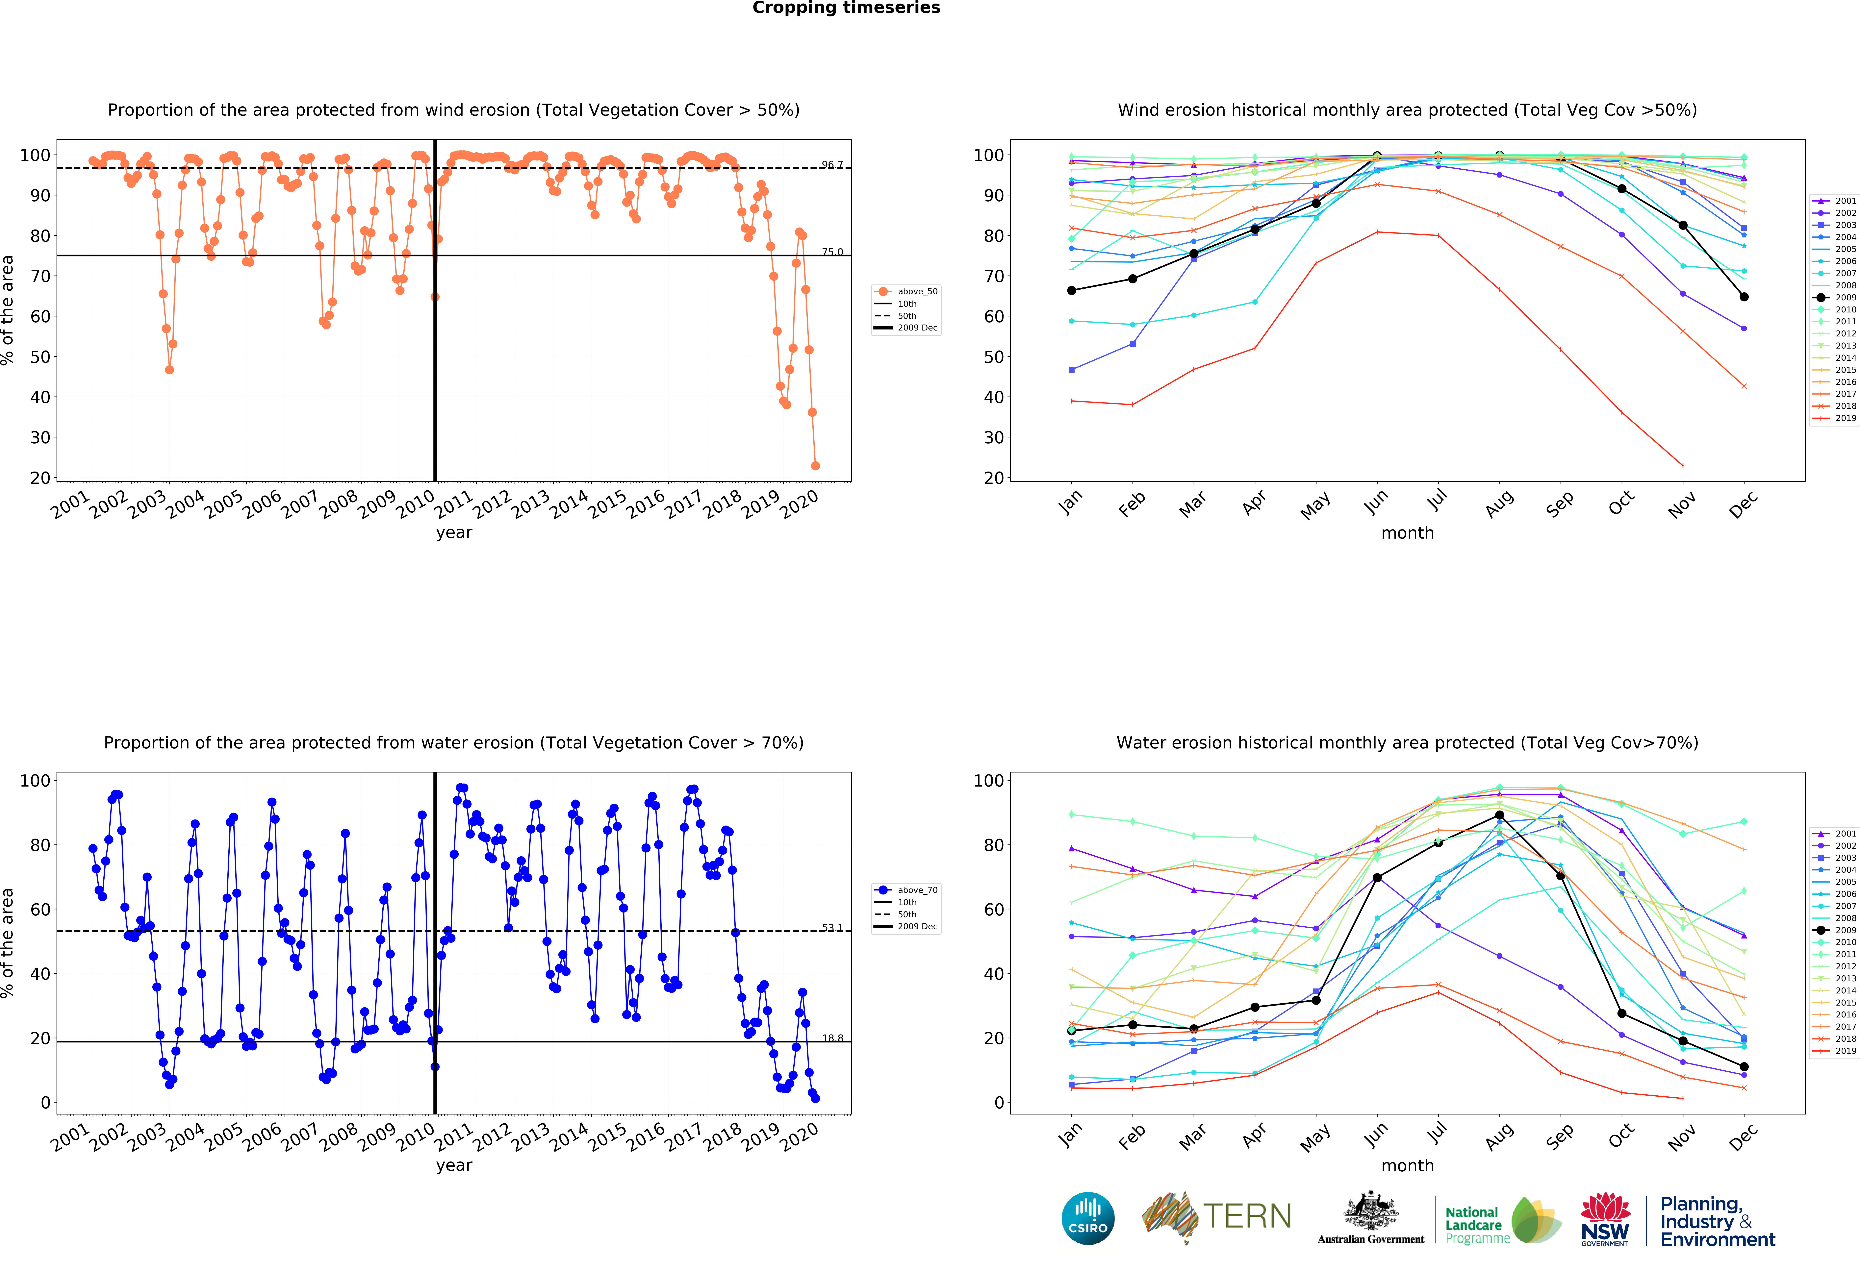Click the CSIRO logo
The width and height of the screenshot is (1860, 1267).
pos(1088,1218)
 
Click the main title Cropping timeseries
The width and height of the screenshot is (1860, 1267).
pos(846,8)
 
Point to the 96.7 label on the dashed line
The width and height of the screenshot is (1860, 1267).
pos(831,165)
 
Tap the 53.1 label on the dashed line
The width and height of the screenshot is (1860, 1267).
pos(831,928)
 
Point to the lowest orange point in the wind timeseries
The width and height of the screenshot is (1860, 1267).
pos(815,466)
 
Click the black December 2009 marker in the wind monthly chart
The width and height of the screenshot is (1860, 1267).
pos(1744,297)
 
